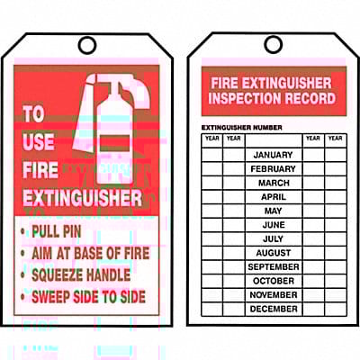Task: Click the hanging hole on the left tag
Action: pyautogui.click(x=87, y=45)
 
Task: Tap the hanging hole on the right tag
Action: pyautogui.click(x=274, y=44)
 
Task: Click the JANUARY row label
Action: pyautogui.click(x=273, y=155)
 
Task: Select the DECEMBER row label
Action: pyautogui.click(x=274, y=309)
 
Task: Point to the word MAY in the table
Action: pyautogui.click(x=273, y=211)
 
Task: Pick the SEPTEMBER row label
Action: pyautogui.click(x=274, y=266)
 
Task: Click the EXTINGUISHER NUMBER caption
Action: pyautogui.click(x=242, y=128)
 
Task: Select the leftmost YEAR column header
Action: pyautogui.click(x=212, y=138)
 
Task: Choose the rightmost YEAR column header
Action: pyautogui.click(x=335, y=138)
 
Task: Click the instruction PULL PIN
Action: pyautogui.click(x=57, y=231)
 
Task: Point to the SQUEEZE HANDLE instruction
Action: pyautogui.click(x=81, y=274)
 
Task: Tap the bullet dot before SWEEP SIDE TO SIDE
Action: pyautogui.click(x=22, y=297)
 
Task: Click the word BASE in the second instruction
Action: pyautogui.click(x=88, y=253)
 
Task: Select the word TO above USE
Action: pyautogui.click(x=34, y=113)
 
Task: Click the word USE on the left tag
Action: pyautogui.click(x=39, y=141)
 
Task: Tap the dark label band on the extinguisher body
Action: pyautogui.click(x=114, y=143)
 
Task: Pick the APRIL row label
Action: pyautogui.click(x=274, y=197)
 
